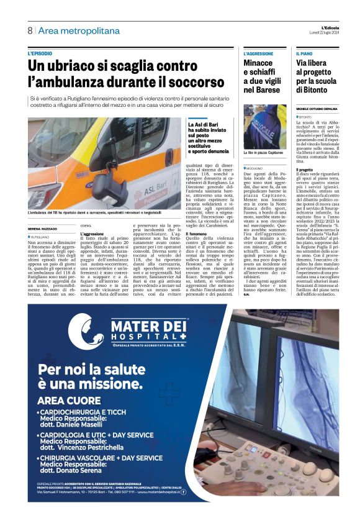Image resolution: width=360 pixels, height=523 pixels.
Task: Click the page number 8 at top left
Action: coord(30,30)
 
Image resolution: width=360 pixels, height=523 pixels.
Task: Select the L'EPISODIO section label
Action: coord(40,54)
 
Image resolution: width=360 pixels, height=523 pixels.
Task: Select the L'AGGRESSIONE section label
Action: coord(258,54)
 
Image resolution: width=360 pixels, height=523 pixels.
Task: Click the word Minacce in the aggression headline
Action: coord(258,63)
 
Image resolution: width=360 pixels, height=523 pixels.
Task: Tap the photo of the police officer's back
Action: coord(264,126)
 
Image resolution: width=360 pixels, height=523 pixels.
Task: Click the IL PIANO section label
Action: coord(305,54)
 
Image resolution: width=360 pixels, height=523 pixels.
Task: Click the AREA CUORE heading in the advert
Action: coord(68,401)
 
